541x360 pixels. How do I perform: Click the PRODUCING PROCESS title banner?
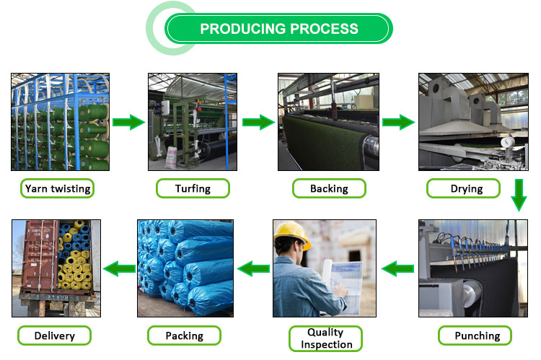278,29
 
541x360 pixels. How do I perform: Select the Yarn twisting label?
58,189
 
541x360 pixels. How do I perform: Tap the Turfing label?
193,189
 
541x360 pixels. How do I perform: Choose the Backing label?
329,189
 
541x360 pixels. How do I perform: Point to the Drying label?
464,189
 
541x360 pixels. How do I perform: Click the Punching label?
477,335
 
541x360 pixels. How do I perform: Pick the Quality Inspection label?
325,338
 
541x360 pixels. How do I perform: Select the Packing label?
185,335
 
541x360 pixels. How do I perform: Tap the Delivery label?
53,335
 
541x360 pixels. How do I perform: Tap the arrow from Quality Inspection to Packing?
254,269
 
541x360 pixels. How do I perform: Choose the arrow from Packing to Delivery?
119,269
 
